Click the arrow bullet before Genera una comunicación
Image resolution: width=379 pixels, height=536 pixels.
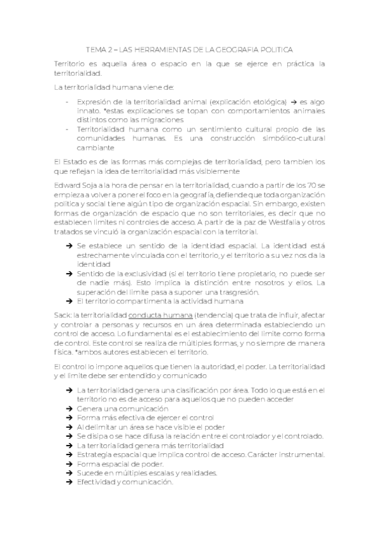click(x=69, y=409)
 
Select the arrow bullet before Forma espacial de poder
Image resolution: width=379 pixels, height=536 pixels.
click(x=69, y=463)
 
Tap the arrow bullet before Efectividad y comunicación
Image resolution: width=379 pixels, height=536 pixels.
click(x=69, y=482)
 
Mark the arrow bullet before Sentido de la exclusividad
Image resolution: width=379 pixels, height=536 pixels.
click(x=69, y=273)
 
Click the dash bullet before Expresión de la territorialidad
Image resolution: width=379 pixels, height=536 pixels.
click(x=68, y=101)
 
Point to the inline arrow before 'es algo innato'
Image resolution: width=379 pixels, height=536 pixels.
click(x=294, y=101)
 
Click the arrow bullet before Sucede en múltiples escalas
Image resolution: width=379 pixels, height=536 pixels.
click(x=69, y=472)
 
